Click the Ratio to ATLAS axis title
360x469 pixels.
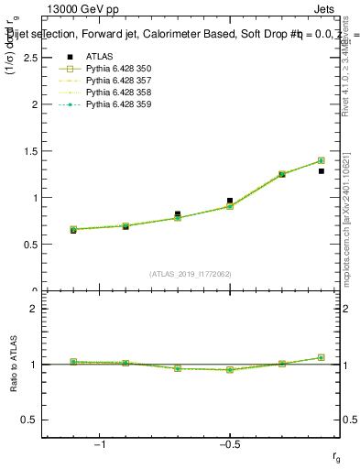(14, 364)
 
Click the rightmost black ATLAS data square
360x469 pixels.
(322, 171)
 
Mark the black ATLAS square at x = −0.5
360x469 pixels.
(230, 201)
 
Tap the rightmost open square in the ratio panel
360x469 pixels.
(322, 357)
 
